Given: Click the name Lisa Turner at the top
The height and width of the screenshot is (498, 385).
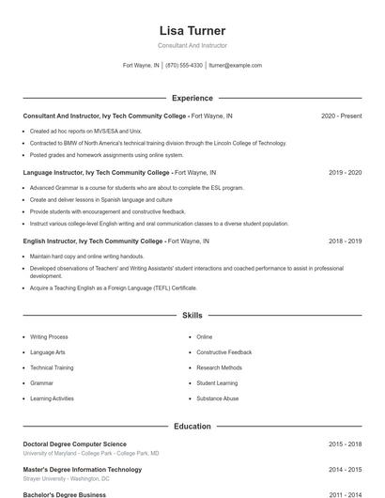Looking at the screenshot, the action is coord(192,31).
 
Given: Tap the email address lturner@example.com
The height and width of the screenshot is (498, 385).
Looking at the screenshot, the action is coord(235,66).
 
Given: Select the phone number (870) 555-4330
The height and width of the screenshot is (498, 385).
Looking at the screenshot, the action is coord(184,66).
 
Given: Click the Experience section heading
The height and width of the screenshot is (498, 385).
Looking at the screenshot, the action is coord(192,98).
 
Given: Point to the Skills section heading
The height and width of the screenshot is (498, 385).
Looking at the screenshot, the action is coord(192,316).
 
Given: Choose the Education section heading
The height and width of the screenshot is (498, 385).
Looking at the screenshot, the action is coord(192,427).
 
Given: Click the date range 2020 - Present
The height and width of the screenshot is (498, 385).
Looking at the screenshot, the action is coord(341,116).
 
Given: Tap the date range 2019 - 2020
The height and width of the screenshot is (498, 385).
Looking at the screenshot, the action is coord(345,173).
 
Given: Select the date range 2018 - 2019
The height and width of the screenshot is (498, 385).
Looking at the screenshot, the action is coord(345,241).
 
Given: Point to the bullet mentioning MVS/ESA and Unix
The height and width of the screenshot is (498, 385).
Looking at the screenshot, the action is coord(85,132).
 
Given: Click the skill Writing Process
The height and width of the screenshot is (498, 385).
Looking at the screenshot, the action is coord(49,336).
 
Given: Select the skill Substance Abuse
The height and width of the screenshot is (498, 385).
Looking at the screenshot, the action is coord(217,398).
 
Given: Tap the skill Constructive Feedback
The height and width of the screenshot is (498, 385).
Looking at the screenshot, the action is coord(224,352).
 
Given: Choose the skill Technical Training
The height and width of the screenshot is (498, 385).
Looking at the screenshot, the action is coord(52,367).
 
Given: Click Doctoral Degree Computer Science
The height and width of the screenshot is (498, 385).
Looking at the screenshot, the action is coord(74,444).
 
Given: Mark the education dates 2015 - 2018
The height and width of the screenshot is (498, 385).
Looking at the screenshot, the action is coord(345,444).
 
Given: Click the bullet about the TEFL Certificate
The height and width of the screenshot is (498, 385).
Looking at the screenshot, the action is coord(113,288).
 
